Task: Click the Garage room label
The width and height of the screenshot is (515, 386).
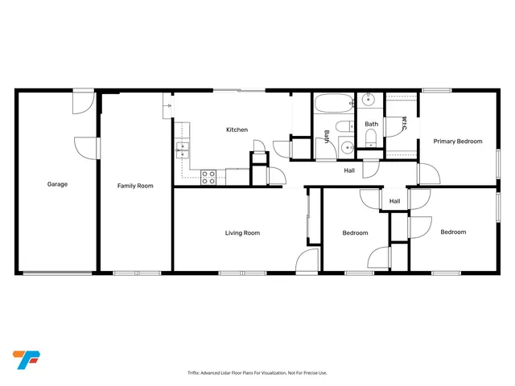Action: click(x=56, y=184)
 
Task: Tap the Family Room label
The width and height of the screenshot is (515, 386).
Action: click(x=135, y=186)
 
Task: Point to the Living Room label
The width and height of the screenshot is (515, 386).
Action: click(x=242, y=233)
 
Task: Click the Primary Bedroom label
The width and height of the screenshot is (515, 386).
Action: click(x=458, y=142)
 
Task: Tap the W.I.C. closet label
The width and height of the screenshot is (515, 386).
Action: click(x=405, y=125)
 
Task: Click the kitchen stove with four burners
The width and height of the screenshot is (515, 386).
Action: click(x=208, y=177)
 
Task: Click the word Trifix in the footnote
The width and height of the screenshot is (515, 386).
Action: click(x=193, y=373)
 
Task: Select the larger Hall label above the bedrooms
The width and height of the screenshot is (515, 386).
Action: click(x=349, y=170)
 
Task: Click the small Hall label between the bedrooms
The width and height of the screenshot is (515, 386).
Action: click(x=395, y=201)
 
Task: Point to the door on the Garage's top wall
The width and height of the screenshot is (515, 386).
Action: click(x=83, y=102)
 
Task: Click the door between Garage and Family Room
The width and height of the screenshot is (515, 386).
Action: click(x=87, y=149)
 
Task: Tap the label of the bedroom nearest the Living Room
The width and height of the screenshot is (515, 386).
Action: click(x=355, y=233)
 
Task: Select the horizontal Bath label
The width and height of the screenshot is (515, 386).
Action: click(x=371, y=124)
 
